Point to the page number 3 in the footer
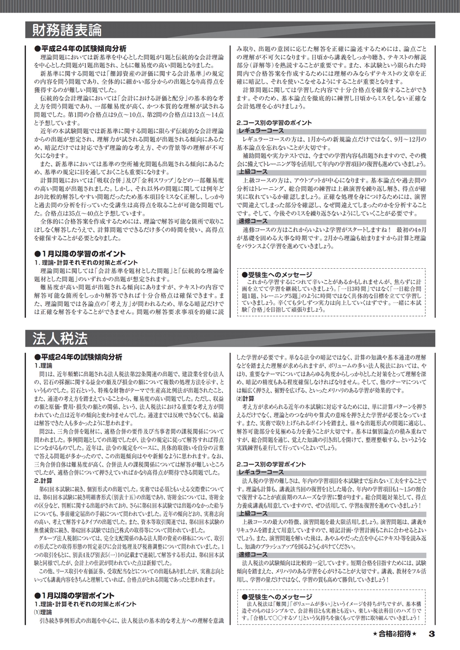431,633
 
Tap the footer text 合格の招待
394,633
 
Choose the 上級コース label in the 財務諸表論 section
253,172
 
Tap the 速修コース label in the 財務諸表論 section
253,221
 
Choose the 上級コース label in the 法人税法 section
253,513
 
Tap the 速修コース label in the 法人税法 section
253,554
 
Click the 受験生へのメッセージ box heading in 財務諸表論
276,274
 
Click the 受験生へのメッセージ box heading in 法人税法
276,597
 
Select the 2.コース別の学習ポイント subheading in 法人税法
271,464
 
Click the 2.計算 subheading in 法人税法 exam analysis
43,480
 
